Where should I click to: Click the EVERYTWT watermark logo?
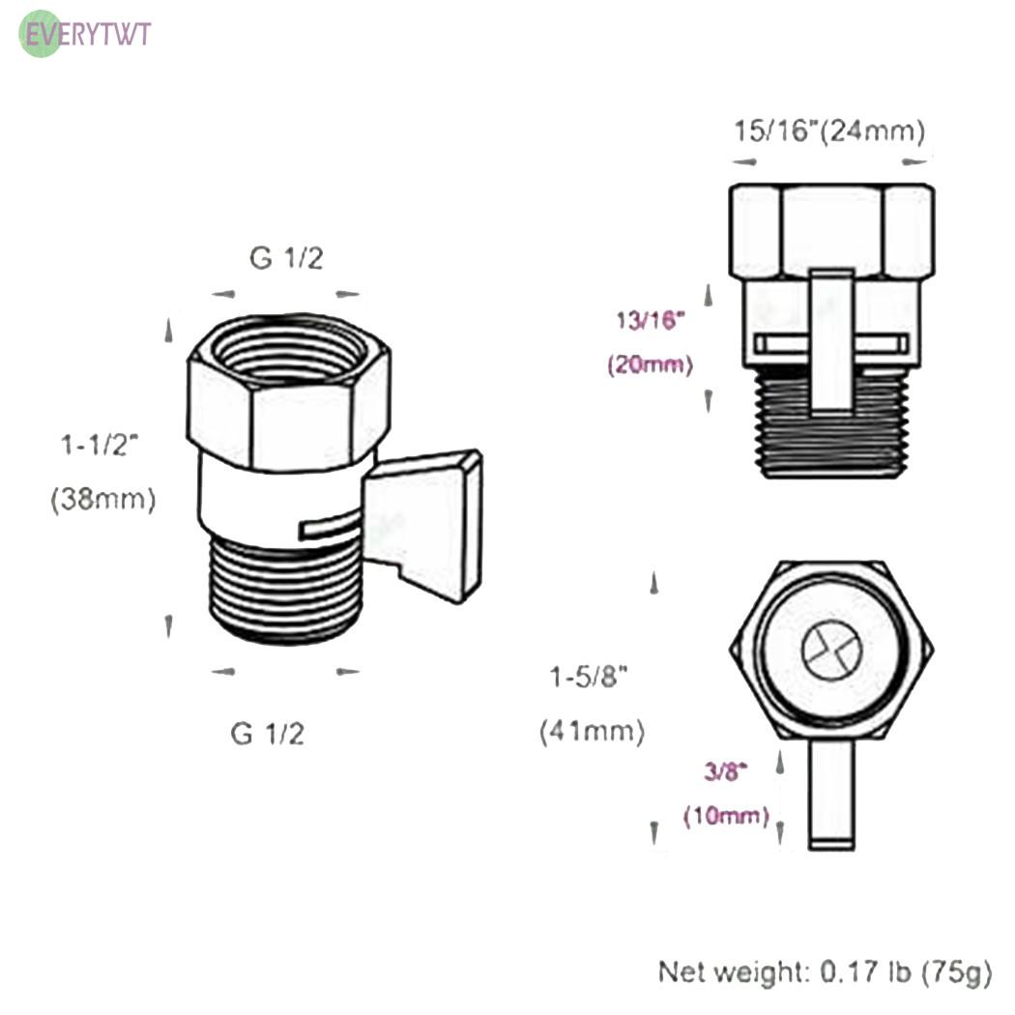click(x=85, y=34)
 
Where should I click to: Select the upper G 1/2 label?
click(x=286, y=258)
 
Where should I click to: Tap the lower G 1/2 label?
click(x=268, y=734)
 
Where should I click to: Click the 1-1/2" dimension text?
click(x=100, y=445)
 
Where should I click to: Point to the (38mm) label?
click(x=103, y=499)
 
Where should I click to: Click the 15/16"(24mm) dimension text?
click(x=829, y=130)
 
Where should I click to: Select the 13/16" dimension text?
click(x=650, y=320)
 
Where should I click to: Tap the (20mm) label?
click(x=651, y=364)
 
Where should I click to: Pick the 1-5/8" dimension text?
click(x=589, y=677)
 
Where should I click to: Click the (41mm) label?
click(x=593, y=732)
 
